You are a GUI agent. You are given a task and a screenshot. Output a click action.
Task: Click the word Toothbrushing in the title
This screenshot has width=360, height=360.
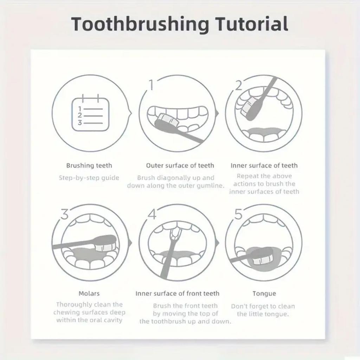(140, 25)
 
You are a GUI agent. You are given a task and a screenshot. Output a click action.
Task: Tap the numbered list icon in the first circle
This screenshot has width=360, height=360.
(90, 114)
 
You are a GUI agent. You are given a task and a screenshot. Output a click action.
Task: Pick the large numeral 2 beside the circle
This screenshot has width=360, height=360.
(239, 85)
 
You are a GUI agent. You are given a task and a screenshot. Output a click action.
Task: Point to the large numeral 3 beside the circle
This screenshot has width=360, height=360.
(64, 214)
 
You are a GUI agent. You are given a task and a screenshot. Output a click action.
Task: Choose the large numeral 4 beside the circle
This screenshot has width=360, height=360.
(152, 214)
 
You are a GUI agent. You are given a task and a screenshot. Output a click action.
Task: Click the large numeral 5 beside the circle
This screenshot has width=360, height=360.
(239, 214)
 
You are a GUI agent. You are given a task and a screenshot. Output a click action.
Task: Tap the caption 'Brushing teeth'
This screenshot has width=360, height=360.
(89, 165)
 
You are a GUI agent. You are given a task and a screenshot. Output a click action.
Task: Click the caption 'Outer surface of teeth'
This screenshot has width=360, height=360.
(180, 165)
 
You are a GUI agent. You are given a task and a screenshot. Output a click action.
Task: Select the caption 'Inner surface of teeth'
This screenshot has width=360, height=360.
(264, 165)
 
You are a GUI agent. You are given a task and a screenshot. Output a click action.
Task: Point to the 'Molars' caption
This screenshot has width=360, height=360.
(89, 293)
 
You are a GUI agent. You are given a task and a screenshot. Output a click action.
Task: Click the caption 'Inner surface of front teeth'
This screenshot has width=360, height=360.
(177, 293)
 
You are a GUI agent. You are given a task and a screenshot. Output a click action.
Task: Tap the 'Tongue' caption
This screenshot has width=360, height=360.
(264, 293)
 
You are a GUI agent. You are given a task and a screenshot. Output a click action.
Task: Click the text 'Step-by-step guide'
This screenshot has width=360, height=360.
(89, 178)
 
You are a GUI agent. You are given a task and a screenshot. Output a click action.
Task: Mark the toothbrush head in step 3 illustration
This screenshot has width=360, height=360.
(105, 243)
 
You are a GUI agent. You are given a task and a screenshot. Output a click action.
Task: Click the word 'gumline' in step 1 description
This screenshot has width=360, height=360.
(211, 186)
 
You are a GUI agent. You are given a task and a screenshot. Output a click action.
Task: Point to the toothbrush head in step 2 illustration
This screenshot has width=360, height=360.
(248, 106)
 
